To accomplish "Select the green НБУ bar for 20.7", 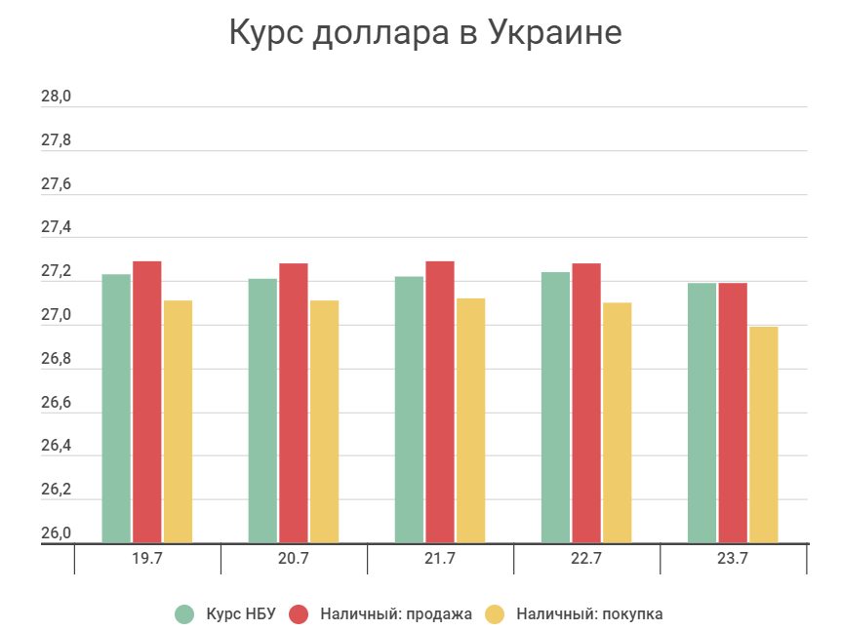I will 262,411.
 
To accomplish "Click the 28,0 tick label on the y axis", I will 56,97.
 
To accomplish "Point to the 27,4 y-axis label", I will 56,227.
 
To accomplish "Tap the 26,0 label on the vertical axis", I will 56,533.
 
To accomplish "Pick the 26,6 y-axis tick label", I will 56,403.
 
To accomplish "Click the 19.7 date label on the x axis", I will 147,559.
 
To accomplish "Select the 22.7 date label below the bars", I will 586,559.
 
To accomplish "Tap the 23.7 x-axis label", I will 733,559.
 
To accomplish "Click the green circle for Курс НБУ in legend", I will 184,614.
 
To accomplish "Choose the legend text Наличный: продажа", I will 395,614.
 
